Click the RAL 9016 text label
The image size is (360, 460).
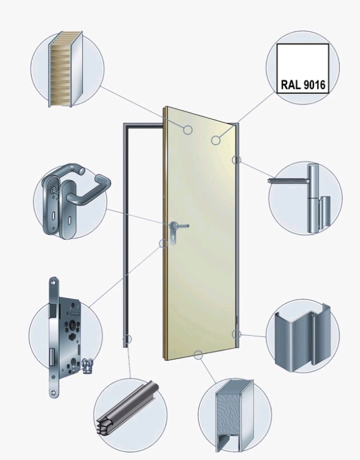tap(303, 85)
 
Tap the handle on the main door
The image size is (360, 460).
tap(179, 226)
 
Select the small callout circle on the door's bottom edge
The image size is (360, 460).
tap(198, 355)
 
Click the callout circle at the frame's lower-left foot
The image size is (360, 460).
tap(128, 339)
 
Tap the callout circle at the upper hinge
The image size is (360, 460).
tap(237, 160)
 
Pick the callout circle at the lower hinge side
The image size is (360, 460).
tap(237, 334)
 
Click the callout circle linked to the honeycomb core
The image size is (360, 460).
tap(188, 130)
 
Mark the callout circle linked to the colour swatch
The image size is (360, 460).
tap(216, 140)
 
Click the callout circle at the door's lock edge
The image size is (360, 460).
tap(163, 243)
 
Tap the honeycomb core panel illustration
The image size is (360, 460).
tap(66, 69)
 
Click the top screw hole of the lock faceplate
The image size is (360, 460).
tap(53, 282)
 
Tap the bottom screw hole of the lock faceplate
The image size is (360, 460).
tap(53, 393)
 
